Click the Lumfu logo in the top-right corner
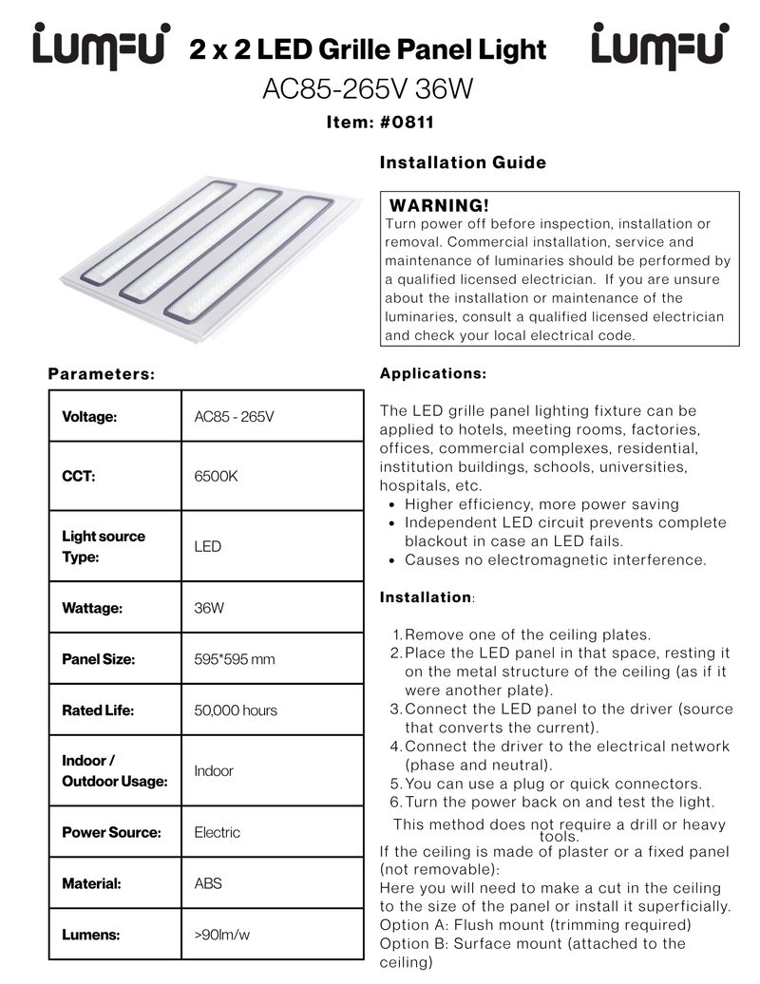tap(660, 46)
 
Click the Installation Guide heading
tap(463, 162)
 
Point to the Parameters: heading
tap(102, 374)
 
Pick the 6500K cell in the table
tap(216, 476)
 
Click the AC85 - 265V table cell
tap(234, 416)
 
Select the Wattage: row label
tap(92, 608)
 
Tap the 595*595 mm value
tap(235, 659)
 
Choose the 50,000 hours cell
tap(236, 710)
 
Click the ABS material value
tap(208, 883)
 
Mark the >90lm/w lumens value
tap(222, 935)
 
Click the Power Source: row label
tap(111, 832)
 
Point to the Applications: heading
tap(433, 374)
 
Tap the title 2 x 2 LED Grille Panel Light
tap(368, 49)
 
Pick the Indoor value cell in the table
tap(214, 771)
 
